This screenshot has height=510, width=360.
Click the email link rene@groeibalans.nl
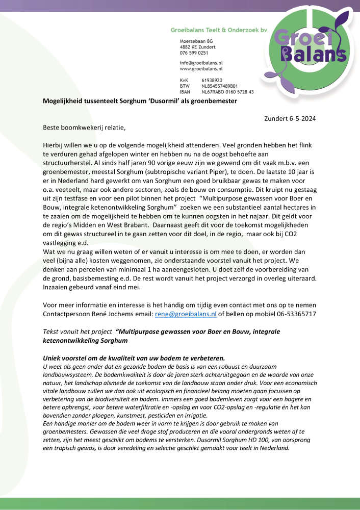tap(186, 314)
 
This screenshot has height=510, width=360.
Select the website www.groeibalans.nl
tap(201, 68)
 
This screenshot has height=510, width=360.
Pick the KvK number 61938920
tap(212, 80)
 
